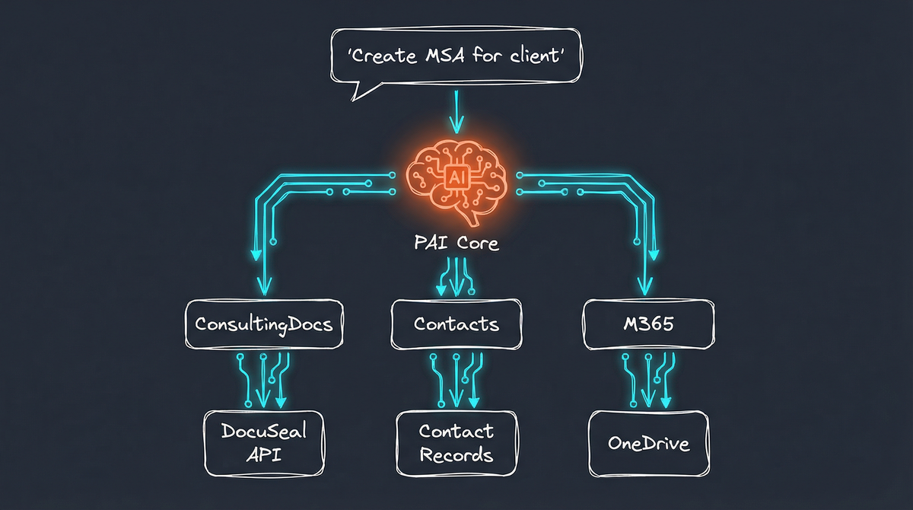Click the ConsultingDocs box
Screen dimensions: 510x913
click(x=264, y=324)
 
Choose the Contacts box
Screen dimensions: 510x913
click(x=456, y=324)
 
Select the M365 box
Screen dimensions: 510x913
click(x=649, y=324)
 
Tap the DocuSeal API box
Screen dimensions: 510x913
click(x=264, y=442)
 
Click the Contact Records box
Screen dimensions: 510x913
click(x=456, y=443)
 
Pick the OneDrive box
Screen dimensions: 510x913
click(x=649, y=443)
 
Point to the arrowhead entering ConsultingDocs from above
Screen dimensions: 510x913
click(x=264, y=286)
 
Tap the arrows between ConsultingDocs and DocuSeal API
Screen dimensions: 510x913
click(x=264, y=378)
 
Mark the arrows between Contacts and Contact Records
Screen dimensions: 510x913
click(x=456, y=378)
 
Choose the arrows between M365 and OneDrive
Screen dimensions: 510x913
click(x=649, y=378)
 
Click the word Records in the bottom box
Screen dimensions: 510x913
click(x=456, y=455)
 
